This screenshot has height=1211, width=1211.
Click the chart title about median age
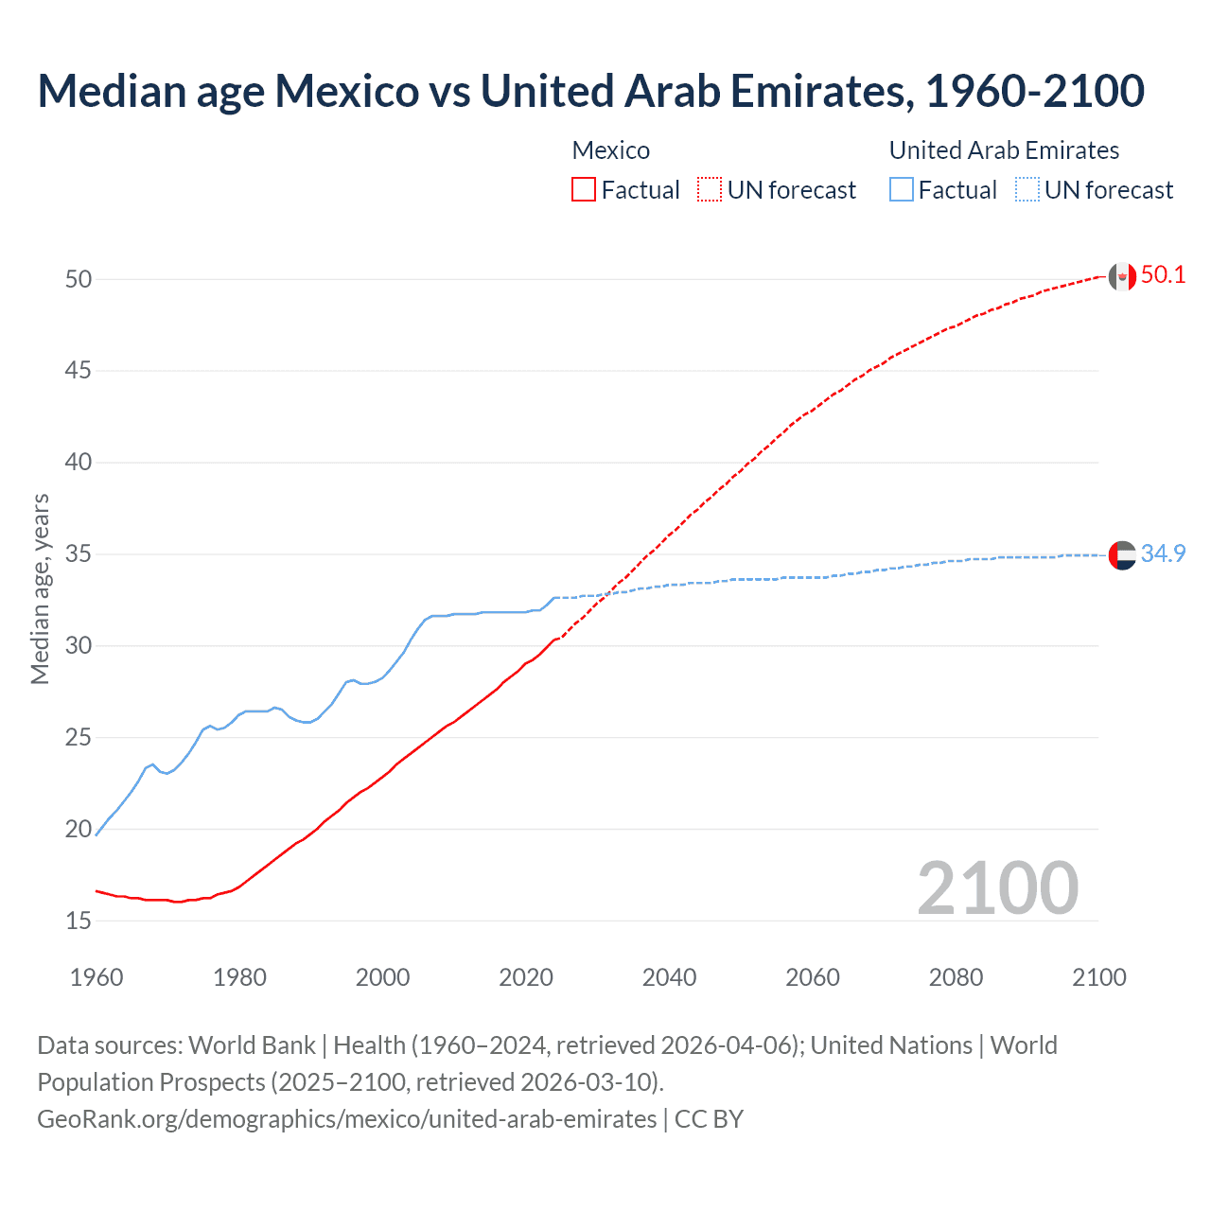click(x=590, y=92)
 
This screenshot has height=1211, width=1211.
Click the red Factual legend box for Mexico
click(x=584, y=190)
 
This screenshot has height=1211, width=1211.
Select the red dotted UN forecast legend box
click(x=710, y=190)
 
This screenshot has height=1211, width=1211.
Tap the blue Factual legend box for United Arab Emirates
click(x=902, y=190)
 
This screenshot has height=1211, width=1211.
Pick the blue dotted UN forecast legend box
click(x=1027, y=190)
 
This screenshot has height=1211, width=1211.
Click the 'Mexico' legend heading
click(x=610, y=150)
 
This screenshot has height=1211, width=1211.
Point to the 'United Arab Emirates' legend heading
click(x=1004, y=150)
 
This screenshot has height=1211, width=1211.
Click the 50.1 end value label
click(x=1163, y=275)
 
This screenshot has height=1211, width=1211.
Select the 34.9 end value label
click(x=1163, y=553)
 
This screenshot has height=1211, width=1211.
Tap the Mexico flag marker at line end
click(x=1122, y=276)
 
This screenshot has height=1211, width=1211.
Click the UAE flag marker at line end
click(x=1122, y=555)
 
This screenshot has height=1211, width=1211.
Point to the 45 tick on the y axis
click(x=79, y=371)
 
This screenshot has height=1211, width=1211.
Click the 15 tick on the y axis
click(x=79, y=921)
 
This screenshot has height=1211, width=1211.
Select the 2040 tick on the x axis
click(x=669, y=977)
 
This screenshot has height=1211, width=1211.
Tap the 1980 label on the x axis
click(x=239, y=977)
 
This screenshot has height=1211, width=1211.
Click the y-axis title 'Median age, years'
click(x=40, y=588)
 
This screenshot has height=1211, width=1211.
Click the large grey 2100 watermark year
click(x=997, y=887)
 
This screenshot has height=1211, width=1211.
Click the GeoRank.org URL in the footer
click(x=346, y=1119)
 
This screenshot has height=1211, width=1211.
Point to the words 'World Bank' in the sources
click(x=252, y=1045)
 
